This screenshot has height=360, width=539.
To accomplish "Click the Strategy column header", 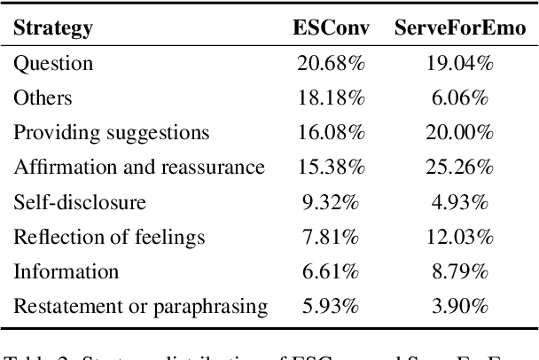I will (52, 28).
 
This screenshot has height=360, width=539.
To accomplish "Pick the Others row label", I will (43, 98).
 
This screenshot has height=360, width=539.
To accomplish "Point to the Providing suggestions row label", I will (111, 133).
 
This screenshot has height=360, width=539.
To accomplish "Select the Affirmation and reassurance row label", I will (138, 167).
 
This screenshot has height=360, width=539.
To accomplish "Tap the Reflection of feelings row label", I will (108, 237).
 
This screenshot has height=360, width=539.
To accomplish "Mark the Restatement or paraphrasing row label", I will (140, 306).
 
